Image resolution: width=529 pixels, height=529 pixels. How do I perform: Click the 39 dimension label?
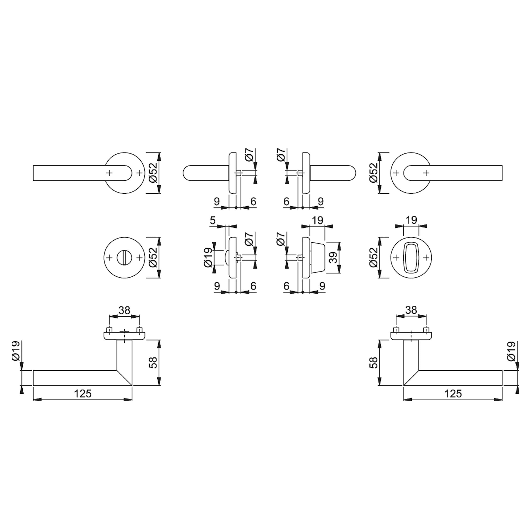(333, 257)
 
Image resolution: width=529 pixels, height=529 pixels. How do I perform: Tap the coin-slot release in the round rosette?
(124, 258)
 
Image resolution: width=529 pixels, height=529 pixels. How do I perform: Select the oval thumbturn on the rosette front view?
(411, 258)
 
